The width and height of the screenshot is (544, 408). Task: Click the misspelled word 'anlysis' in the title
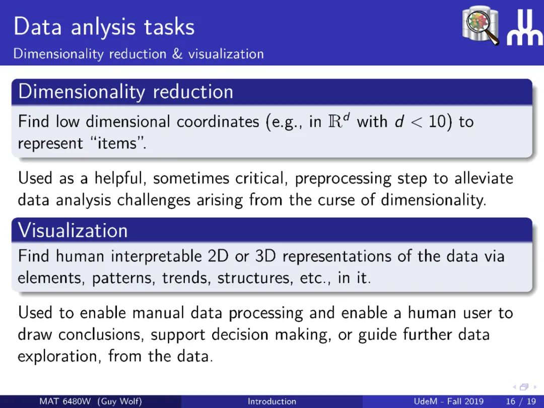coord(104,28)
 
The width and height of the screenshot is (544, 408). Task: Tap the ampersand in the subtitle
coord(177,54)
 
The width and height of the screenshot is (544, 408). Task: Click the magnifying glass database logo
coord(481,25)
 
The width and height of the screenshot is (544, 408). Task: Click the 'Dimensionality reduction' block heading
coord(125,92)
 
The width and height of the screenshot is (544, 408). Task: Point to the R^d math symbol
coord(337,121)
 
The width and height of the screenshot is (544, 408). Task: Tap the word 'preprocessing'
coord(343,179)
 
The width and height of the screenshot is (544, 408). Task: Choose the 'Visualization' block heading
coord(73,230)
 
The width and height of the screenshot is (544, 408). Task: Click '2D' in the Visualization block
coord(218,256)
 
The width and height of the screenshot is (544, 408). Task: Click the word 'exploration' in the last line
coord(59,356)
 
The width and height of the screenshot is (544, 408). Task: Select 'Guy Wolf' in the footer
coord(120,401)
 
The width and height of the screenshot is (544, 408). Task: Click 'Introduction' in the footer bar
coord(272,401)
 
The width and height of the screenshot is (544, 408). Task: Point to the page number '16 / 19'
coord(521,401)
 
